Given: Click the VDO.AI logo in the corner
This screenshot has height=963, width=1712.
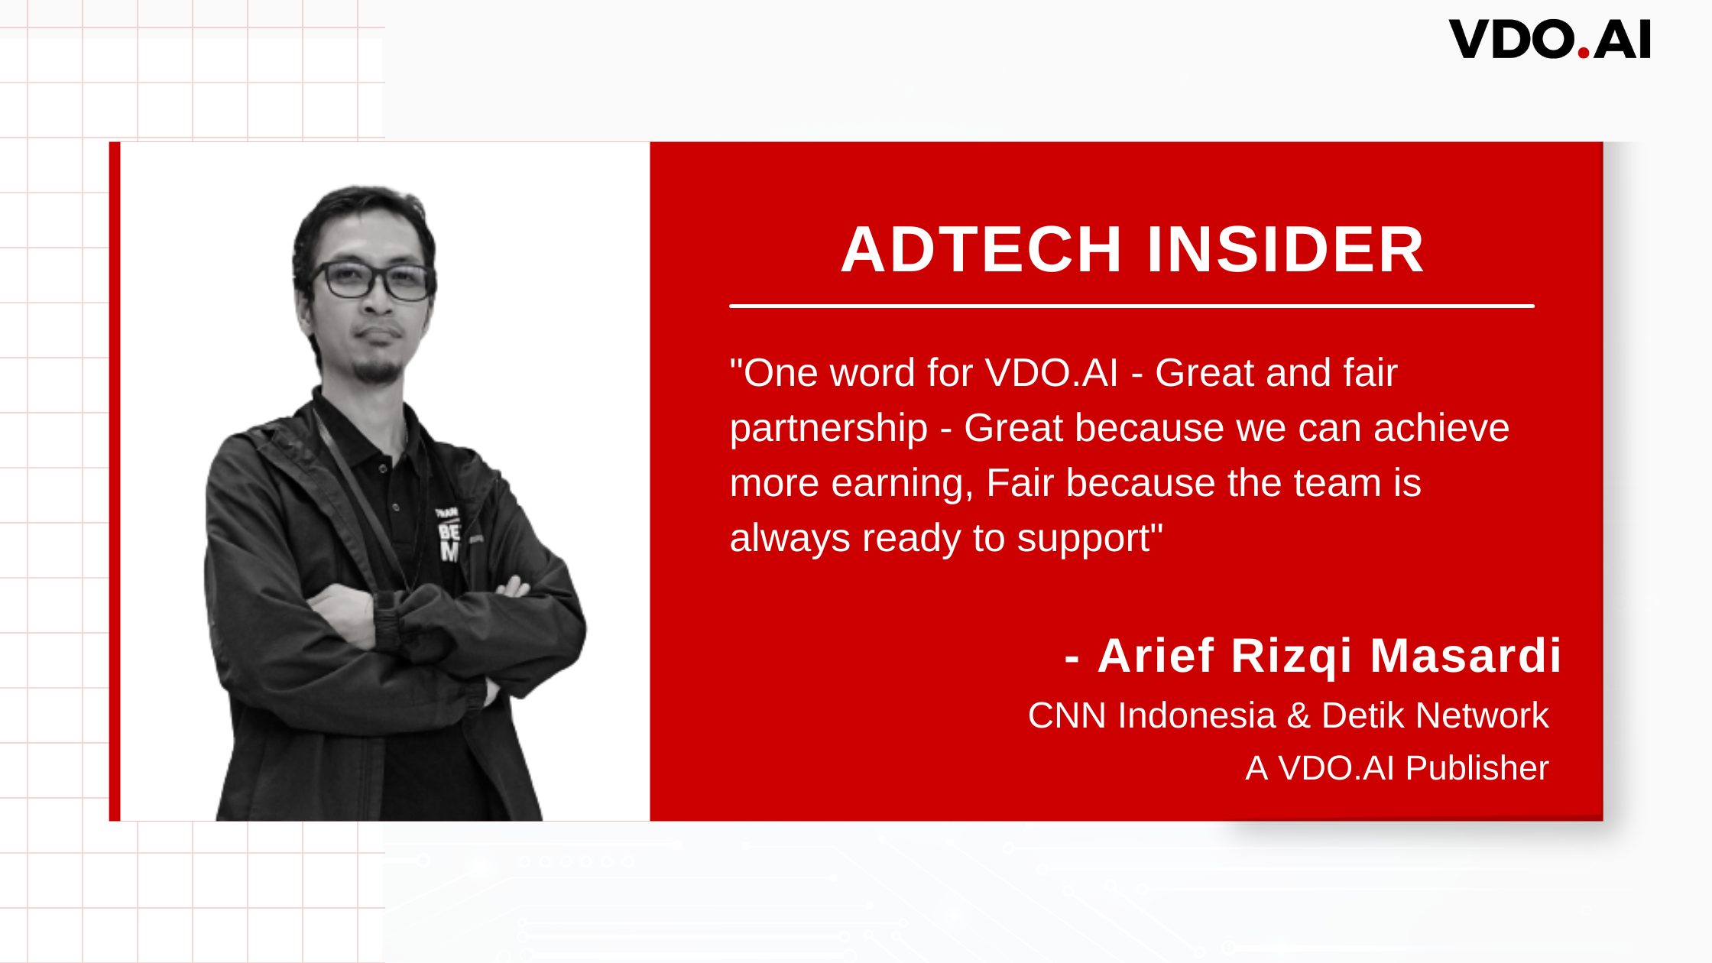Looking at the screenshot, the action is click(x=1550, y=40).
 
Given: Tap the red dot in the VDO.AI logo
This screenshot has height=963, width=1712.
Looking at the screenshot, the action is click(x=1584, y=53).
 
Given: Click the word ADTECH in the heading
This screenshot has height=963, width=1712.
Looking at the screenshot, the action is click(x=981, y=249).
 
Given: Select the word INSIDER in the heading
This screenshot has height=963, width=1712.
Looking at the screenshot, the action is click(x=1286, y=249).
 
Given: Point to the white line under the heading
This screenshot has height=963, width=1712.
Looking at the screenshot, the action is click(x=1132, y=306).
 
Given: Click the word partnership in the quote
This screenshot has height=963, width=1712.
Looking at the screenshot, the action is click(x=828, y=429).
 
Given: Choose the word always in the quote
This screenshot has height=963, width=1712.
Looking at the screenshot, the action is click(x=790, y=538).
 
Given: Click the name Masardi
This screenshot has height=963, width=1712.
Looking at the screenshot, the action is click(x=1466, y=656).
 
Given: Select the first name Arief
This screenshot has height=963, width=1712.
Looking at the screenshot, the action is click(x=1156, y=656).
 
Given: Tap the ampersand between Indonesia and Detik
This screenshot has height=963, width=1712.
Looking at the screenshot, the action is click(x=1299, y=716).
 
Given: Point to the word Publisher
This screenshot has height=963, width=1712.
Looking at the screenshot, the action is click(x=1477, y=769).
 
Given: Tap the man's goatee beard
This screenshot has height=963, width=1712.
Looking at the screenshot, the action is click(x=378, y=371).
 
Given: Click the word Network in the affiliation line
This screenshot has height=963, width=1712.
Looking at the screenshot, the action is click(x=1482, y=716).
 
